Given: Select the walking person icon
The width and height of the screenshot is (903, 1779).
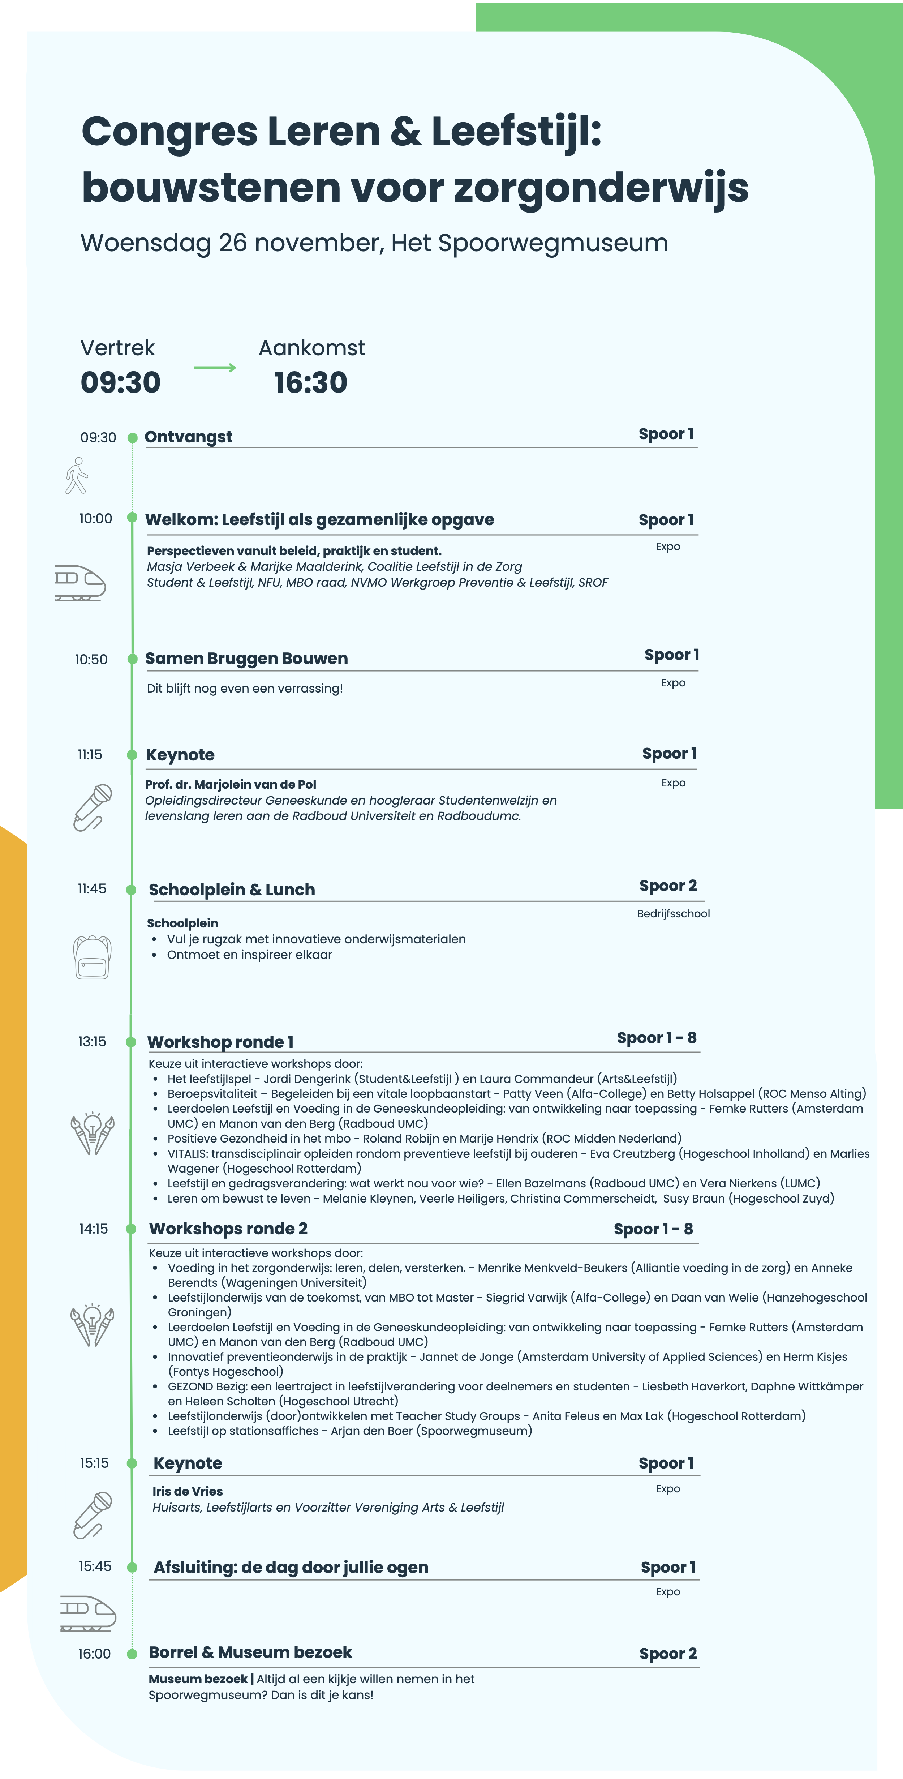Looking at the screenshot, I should pyautogui.click(x=77, y=476).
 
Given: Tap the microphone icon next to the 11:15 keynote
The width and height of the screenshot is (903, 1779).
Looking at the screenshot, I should pyautogui.click(x=93, y=807).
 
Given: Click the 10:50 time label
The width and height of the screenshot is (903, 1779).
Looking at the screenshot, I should pyautogui.click(x=91, y=660).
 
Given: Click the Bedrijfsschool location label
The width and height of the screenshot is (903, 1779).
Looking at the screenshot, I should pyautogui.click(x=673, y=914).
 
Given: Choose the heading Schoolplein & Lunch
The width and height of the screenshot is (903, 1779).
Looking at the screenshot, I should pyautogui.click(x=232, y=889).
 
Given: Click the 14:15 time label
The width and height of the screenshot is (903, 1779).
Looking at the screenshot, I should pyautogui.click(x=93, y=1229).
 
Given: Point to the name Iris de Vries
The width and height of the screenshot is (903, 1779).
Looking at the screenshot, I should pyautogui.click(x=188, y=1491).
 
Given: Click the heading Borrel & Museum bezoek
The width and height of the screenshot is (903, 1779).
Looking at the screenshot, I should pyautogui.click(x=251, y=1652).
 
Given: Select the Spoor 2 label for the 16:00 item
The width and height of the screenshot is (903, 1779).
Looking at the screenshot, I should pyautogui.click(x=668, y=1653).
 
